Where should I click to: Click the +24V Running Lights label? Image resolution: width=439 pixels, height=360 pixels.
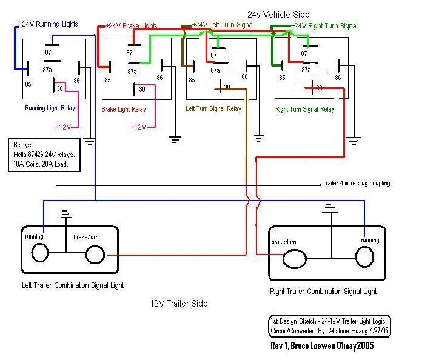(x=49, y=24)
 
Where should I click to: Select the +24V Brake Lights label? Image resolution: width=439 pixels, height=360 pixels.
(x=132, y=26)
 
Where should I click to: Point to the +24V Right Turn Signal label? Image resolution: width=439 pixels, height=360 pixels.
(x=324, y=26)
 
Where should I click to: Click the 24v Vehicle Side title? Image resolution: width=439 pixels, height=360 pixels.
(x=278, y=13)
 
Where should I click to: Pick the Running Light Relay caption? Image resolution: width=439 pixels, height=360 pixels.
(x=50, y=108)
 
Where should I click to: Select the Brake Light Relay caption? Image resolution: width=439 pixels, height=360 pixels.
(x=123, y=109)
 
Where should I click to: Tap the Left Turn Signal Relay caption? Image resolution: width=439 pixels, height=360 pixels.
(x=213, y=109)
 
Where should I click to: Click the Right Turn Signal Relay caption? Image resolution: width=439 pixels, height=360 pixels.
(x=305, y=110)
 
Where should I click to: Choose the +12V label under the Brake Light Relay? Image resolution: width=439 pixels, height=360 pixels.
(x=139, y=127)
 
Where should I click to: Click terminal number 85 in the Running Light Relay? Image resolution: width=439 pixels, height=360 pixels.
(x=28, y=84)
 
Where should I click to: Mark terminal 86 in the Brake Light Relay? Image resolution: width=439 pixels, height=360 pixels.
(x=159, y=78)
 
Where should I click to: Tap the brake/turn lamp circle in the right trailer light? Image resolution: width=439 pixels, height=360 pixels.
(x=295, y=260)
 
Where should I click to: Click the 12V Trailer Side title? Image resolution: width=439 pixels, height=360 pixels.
(x=179, y=304)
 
